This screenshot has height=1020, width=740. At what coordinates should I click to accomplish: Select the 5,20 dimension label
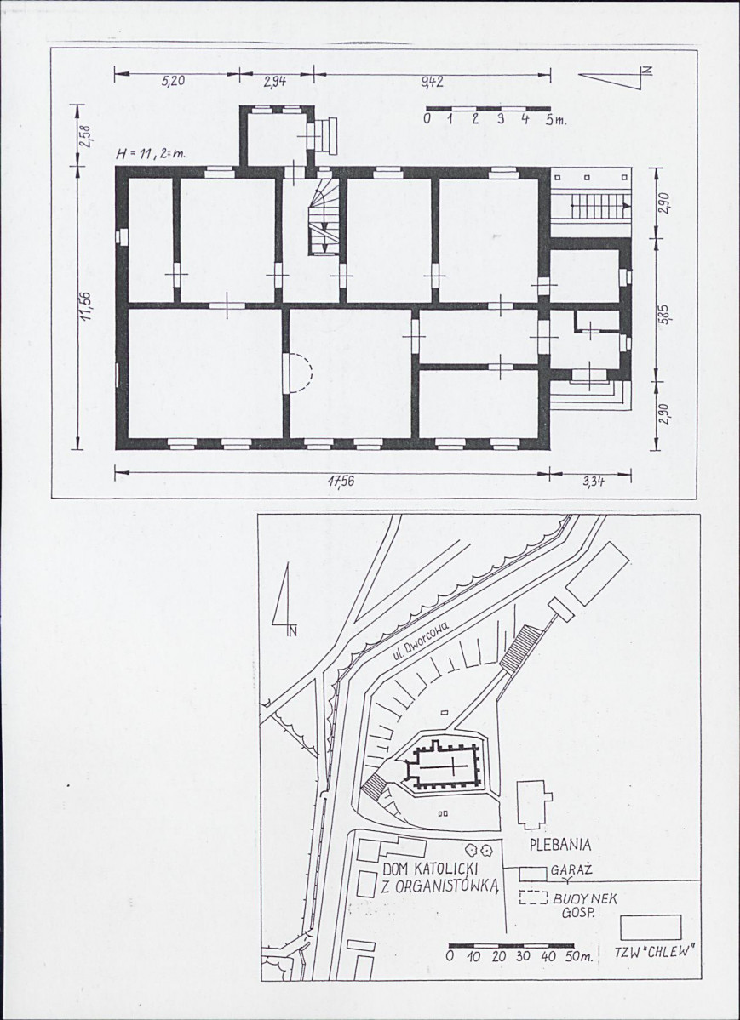tap(173, 82)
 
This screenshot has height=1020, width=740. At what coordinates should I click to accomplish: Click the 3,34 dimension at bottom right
tap(592, 482)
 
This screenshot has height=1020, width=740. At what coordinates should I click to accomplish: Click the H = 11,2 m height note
tap(150, 155)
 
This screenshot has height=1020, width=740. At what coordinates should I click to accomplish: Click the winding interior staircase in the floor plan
tap(324, 216)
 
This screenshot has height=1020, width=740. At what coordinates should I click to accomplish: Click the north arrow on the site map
tap(284, 599)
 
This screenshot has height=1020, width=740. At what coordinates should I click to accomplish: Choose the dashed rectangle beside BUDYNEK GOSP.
tap(533, 897)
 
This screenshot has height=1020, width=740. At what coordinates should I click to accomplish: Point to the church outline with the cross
tap(446, 765)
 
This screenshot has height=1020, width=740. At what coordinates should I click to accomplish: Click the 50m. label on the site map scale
tap(577, 958)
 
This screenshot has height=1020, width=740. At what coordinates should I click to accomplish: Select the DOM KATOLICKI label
tap(431, 869)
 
